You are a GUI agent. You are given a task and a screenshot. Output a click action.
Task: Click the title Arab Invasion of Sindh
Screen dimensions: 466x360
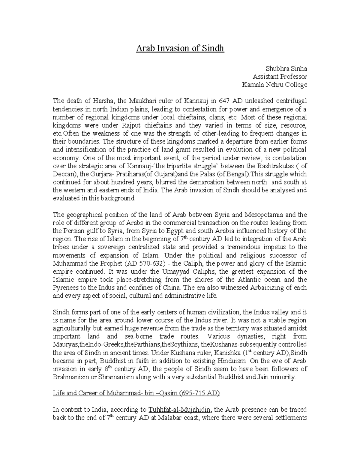(x=180, y=48)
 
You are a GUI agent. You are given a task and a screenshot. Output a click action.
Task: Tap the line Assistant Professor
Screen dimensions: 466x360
(x=280, y=77)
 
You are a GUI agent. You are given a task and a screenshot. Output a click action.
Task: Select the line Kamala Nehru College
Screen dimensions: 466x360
(x=274, y=85)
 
